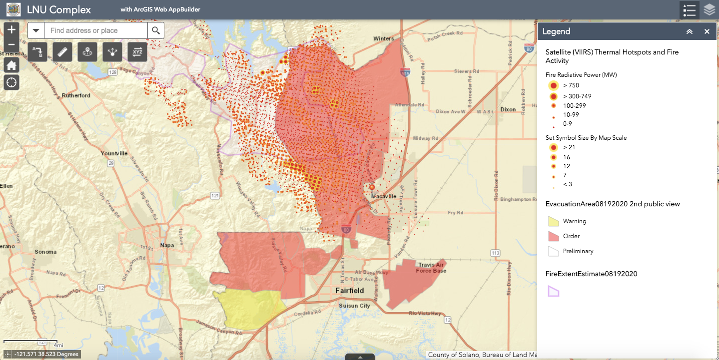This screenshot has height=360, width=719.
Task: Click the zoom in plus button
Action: click(11, 29)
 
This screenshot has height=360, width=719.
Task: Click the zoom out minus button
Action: click(11, 45)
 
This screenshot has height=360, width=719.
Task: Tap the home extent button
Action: click(11, 65)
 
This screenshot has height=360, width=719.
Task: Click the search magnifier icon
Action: click(156, 30)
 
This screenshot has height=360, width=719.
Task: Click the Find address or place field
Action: click(96, 30)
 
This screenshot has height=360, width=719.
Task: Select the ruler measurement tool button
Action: click(62, 51)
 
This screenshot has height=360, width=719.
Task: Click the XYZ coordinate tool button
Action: click(137, 51)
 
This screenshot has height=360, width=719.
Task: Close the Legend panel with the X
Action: click(707, 31)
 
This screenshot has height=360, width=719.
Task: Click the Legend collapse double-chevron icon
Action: click(690, 31)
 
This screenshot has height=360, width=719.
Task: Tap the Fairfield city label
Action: click(349, 291)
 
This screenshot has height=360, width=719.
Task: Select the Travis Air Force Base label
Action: click(431, 268)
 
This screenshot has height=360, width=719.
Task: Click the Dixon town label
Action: click(508, 109)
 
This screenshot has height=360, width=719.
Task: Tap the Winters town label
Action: click(383, 38)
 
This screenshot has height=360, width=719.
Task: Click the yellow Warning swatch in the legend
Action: click(553, 221)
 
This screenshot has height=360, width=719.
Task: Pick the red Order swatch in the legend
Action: click(553, 236)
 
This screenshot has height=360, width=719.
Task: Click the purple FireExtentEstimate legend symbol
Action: click(553, 291)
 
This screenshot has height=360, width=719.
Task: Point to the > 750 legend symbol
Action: click(553, 85)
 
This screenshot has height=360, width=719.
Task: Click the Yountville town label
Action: click(114, 153)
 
